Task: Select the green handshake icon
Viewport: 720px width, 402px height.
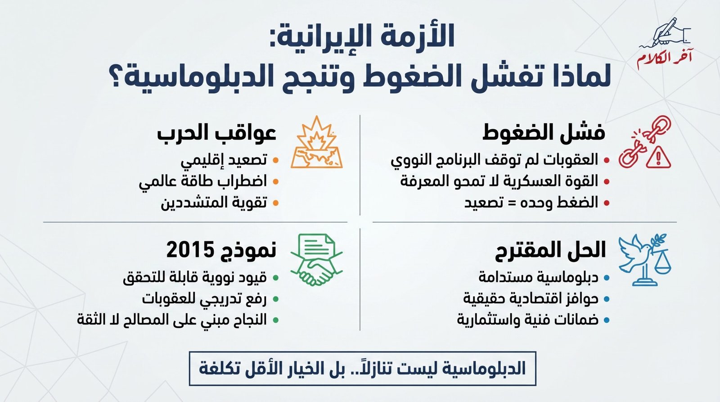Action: [x=316, y=260]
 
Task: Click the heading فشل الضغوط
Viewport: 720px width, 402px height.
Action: [x=544, y=133]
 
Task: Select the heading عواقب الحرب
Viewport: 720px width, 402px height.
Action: [x=216, y=133]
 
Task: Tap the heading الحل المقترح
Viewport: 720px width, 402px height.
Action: [x=550, y=250]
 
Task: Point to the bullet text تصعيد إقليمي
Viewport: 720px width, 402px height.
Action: [x=224, y=160]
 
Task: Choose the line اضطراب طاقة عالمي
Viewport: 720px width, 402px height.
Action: [x=203, y=181]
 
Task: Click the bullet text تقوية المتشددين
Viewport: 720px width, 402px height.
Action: [x=214, y=203]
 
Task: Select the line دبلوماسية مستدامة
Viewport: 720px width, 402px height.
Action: [x=538, y=277]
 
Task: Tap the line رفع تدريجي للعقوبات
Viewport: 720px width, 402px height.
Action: [x=204, y=298]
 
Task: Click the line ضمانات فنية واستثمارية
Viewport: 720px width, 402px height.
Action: [x=527, y=320]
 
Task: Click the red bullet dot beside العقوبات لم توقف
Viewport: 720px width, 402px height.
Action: [x=607, y=160]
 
